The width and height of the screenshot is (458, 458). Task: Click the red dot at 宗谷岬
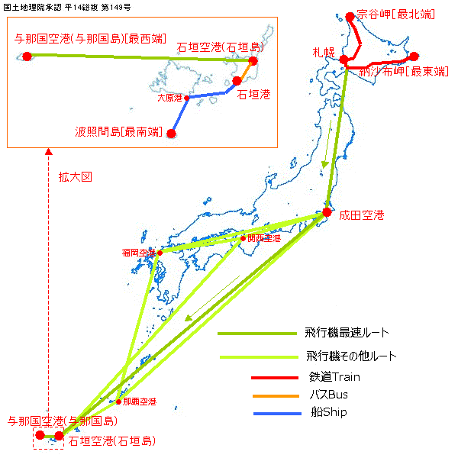(350, 15)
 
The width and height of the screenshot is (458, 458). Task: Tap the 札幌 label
(324, 52)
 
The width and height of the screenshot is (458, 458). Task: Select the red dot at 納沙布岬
(414, 56)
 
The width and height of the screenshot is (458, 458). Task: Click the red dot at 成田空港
(327, 212)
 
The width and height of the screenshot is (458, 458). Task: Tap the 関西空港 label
(264, 238)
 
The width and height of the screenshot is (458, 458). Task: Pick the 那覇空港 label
(140, 402)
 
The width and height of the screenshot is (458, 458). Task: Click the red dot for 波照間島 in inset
(171, 134)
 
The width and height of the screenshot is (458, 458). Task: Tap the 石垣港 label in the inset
(253, 94)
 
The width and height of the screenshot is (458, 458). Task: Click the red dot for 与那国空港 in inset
(27, 56)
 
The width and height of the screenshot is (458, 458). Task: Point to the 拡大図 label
(75, 176)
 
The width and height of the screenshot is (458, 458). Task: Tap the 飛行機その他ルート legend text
(351, 356)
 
